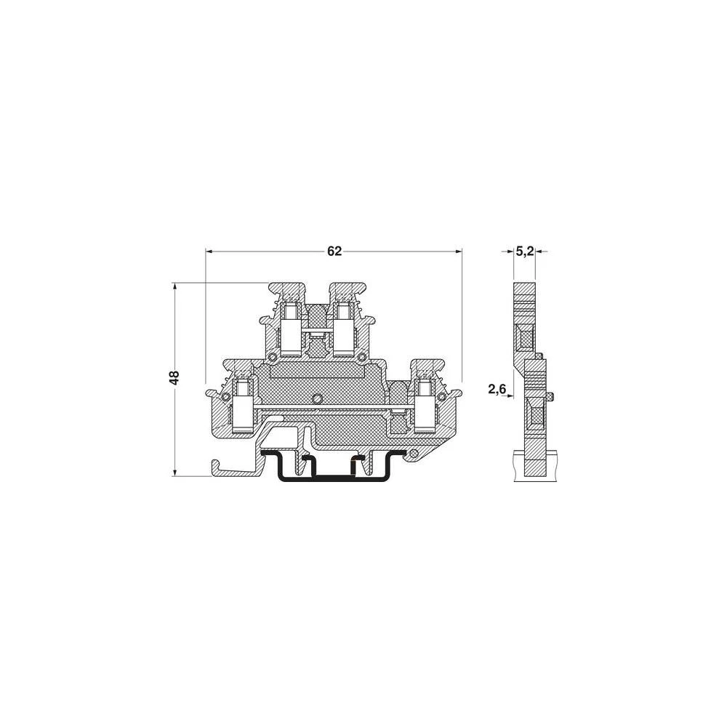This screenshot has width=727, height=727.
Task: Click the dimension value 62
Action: click(x=334, y=252)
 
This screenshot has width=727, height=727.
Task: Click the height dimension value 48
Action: click(x=174, y=377)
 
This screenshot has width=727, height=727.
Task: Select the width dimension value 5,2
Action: click(x=525, y=252)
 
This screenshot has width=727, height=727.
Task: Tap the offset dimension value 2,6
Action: click(x=497, y=390)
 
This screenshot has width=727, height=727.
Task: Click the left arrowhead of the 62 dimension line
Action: click(x=210, y=252)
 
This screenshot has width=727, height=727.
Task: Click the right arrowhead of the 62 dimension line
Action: click(x=458, y=252)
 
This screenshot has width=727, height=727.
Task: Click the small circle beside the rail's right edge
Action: click(x=414, y=454)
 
